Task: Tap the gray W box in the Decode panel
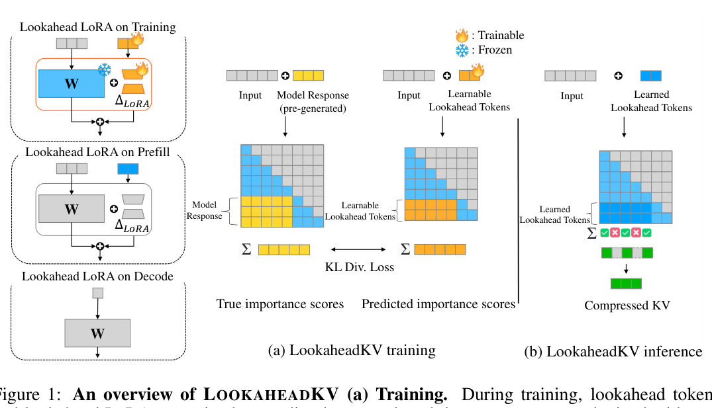(97, 333)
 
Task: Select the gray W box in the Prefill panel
(71, 209)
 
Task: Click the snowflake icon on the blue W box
(104, 70)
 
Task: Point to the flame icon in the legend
(461, 36)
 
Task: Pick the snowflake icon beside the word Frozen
(461, 50)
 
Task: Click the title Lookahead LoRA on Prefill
(97, 152)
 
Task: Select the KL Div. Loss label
(358, 267)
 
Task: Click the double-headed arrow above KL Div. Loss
(358, 249)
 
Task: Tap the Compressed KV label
(627, 305)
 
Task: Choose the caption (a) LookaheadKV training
(351, 350)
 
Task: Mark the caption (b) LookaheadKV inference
(613, 351)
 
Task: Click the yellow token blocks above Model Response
(308, 75)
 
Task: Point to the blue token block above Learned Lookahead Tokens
(650, 76)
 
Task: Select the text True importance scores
(280, 304)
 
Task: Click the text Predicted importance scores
(438, 304)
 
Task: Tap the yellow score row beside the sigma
(283, 250)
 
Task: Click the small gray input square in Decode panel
(97, 292)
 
